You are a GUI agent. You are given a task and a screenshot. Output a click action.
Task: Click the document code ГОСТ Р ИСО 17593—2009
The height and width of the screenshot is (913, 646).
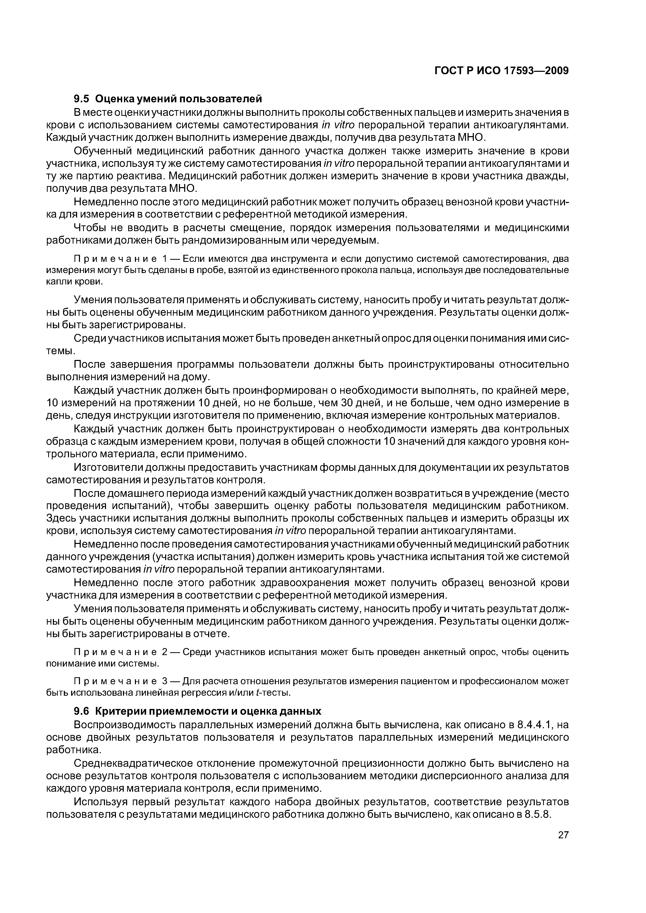501,71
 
